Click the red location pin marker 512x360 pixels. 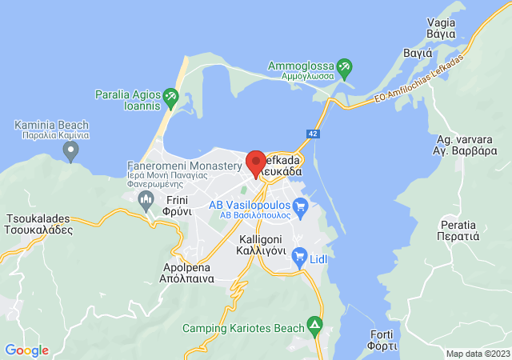point(256,163)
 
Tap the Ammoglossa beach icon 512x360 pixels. point(345,66)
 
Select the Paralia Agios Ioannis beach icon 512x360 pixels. point(170,98)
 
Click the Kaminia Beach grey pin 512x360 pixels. point(71,150)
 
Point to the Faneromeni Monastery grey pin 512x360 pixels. point(145,198)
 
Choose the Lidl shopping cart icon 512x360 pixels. point(300,257)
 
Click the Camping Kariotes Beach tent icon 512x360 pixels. point(316,326)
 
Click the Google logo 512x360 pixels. point(26,350)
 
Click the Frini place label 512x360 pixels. point(178,206)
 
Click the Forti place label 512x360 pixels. point(383,340)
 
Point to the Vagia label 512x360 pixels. point(441,30)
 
